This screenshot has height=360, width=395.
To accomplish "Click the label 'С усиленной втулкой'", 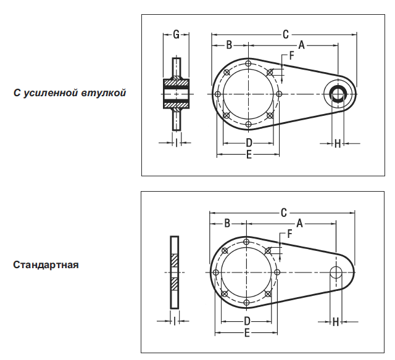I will [x=70, y=93].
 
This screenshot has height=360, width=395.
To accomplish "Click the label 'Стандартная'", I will [x=46, y=265].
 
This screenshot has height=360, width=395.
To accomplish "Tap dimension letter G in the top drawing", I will [x=176, y=35].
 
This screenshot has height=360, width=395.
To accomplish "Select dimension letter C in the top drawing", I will [x=286, y=35].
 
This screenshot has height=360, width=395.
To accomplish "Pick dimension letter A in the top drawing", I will [x=302, y=44].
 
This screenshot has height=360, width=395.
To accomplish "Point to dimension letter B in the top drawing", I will [x=228, y=44].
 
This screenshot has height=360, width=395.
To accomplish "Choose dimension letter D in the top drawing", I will [x=249, y=143].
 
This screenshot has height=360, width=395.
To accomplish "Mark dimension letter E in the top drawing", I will [x=249, y=155].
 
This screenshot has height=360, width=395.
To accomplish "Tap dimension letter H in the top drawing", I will [x=338, y=144].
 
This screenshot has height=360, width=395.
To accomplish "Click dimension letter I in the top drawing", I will [x=177, y=143].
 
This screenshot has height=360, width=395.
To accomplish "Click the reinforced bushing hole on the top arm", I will [x=339, y=94].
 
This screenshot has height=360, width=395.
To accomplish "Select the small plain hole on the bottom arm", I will [x=337, y=272].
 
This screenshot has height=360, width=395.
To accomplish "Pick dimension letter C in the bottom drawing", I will [x=283, y=213].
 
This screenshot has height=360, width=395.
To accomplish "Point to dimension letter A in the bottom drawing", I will [x=299, y=223].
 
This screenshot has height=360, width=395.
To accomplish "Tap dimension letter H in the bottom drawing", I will [x=336, y=321].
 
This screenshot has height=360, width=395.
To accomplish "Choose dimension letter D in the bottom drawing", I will [x=246, y=321].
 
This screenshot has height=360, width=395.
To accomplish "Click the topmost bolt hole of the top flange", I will [x=248, y=63].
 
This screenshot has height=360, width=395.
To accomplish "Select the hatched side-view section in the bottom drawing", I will [x=175, y=272].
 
